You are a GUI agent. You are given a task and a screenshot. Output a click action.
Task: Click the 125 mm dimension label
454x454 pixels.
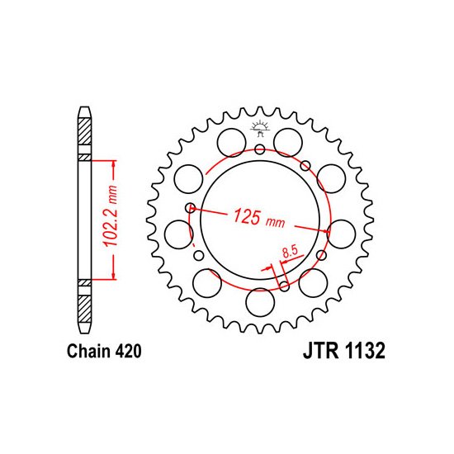click(259, 218)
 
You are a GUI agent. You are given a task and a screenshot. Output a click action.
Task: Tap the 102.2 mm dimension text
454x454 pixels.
click(111, 215)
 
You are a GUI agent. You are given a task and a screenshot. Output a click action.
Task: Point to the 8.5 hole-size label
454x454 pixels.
click(290, 252)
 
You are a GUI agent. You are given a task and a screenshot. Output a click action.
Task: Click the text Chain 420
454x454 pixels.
click(104, 351)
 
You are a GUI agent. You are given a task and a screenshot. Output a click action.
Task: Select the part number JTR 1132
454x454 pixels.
click(344, 351)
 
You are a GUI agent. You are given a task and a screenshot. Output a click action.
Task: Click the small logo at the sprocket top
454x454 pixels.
click(260, 128)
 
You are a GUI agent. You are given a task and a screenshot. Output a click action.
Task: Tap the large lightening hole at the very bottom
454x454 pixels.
click(260, 302)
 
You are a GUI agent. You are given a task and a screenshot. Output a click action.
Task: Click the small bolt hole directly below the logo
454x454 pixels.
click(260, 149)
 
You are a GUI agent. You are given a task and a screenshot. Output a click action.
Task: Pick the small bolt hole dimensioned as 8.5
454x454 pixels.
click(284, 286)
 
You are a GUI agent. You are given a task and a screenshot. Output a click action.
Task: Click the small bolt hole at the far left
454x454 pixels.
click(190, 207)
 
